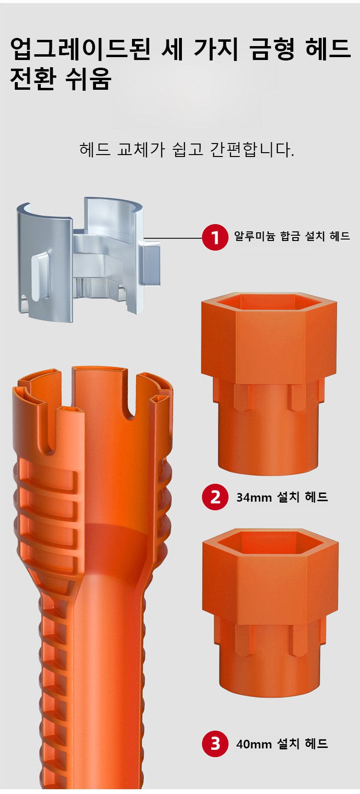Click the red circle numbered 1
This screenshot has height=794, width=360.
(x=215, y=237)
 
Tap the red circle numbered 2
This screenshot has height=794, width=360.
(x=215, y=497)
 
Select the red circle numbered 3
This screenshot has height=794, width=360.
(x=215, y=744)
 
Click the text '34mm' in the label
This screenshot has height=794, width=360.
(x=254, y=497)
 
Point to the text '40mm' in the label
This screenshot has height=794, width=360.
(x=254, y=744)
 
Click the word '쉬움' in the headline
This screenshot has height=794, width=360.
(x=89, y=78)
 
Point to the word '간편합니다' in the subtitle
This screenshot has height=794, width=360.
(x=252, y=150)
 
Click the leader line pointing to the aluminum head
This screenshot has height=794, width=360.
(x=172, y=238)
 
